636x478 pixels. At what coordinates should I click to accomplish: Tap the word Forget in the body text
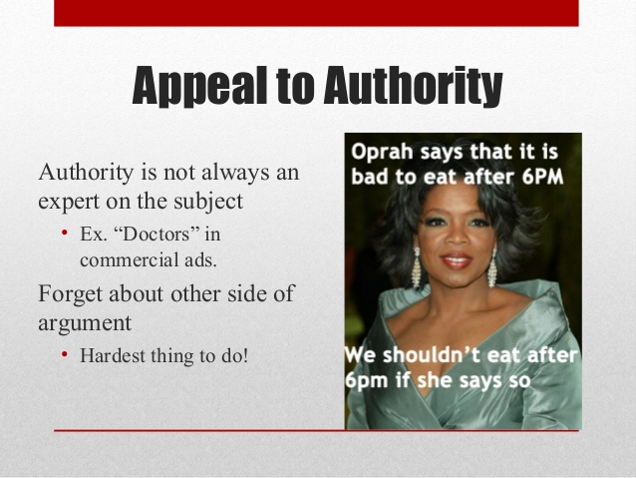pyautogui.click(x=71, y=295)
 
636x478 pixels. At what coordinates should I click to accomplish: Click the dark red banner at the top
pyautogui.click(x=317, y=12)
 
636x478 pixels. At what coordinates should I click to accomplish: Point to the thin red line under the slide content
pyautogui.click(x=317, y=430)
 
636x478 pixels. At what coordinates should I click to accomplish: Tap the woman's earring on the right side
pyautogui.click(x=492, y=266)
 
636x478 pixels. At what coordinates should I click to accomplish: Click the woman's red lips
pyautogui.click(x=456, y=261)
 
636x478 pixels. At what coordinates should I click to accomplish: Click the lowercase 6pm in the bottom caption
pyautogui.click(x=368, y=381)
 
